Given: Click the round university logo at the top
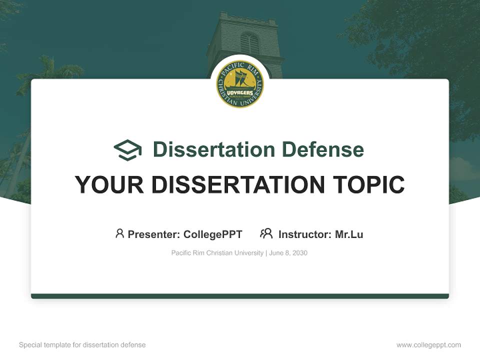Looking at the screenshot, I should [x=240, y=84].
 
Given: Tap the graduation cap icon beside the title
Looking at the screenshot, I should [x=127, y=150].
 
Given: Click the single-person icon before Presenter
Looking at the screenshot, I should [x=119, y=233].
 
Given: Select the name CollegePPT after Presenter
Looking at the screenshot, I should [x=213, y=234].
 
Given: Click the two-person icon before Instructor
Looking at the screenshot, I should [x=266, y=233].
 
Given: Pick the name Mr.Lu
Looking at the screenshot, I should [x=349, y=234].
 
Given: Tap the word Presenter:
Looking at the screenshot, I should [x=154, y=234].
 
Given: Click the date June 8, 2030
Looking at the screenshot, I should [x=288, y=253].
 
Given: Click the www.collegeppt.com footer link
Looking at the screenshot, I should [x=428, y=345].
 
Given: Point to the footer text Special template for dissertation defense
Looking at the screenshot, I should [x=82, y=345].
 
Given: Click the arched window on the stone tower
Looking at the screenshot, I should [x=249, y=43].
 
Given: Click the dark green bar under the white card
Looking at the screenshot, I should [x=240, y=296].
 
